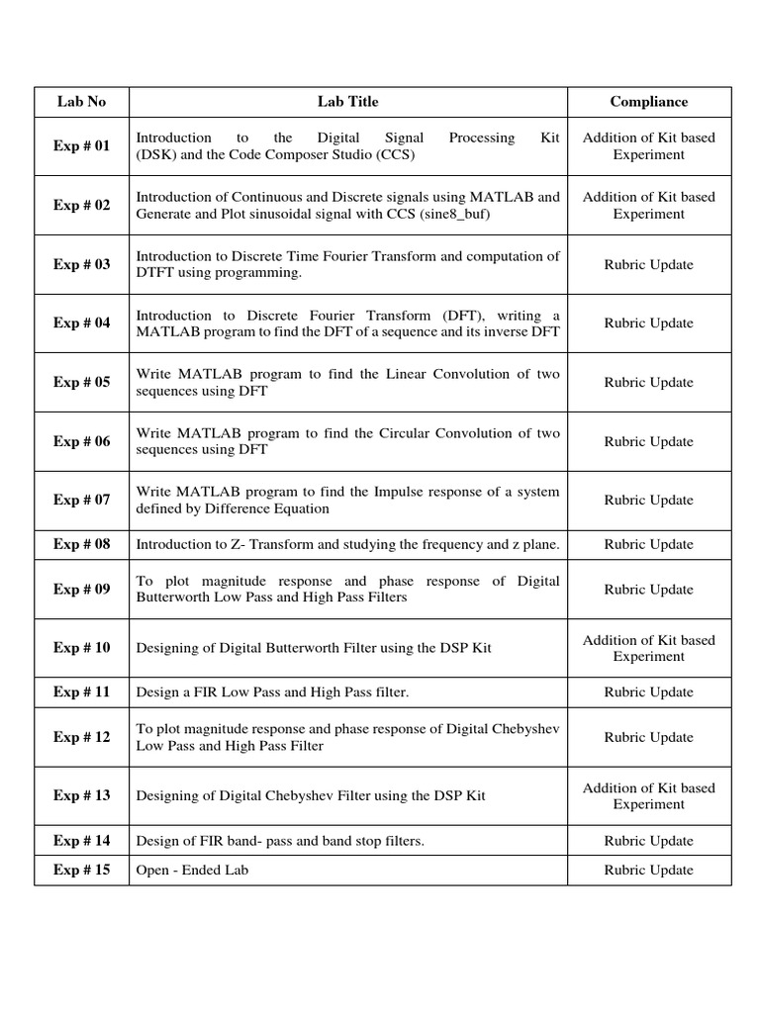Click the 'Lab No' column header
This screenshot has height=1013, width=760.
(x=81, y=102)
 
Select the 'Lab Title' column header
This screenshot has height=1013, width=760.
(x=347, y=102)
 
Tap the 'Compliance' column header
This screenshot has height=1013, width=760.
(x=648, y=102)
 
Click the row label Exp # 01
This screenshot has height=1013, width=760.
(x=81, y=146)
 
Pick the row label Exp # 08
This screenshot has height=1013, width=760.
(x=81, y=544)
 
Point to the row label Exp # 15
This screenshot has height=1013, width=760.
(x=81, y=871)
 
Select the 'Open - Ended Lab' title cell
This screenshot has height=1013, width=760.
(x=192, y=871)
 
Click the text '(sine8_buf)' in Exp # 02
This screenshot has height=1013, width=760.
(x=455, y=214)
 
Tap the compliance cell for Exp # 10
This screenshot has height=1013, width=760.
(x=648, y=648)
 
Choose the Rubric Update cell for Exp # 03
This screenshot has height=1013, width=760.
(x=648, y=264)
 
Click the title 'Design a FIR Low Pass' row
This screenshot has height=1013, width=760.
(x=272, y=692)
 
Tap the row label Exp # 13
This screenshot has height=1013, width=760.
(x=81, y=795)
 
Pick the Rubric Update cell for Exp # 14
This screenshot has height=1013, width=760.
(x=648, y=841)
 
